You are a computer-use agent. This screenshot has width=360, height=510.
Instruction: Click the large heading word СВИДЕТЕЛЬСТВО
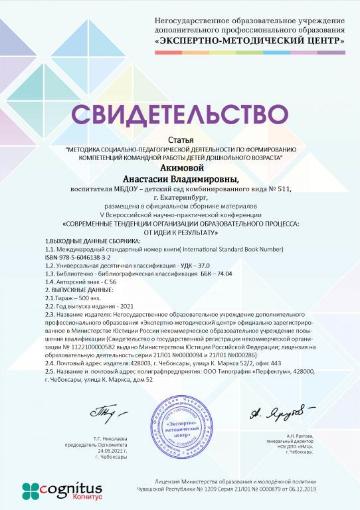pos(180,114)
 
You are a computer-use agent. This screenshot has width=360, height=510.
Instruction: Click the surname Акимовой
pos(180,169)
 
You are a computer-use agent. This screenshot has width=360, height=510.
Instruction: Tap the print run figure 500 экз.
pos(89,299)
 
